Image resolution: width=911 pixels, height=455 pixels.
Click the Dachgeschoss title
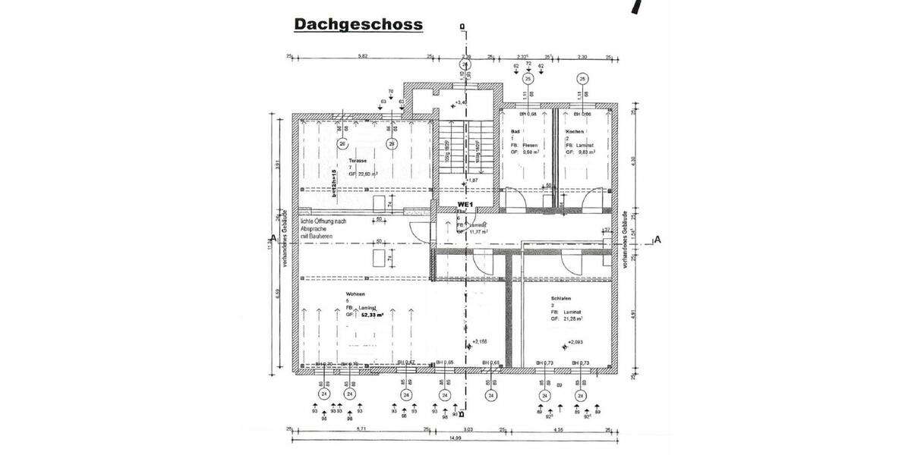(x=358, y=24)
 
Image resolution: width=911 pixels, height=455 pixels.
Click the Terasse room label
(x=359, y=162)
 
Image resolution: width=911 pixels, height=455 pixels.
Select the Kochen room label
(x=575, y=131)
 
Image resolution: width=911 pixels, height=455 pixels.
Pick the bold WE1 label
(x=466, y=205)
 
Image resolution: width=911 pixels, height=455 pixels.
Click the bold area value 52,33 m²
(x=371, y=314)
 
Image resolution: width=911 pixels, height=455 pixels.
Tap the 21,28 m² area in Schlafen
(x=573, y=319)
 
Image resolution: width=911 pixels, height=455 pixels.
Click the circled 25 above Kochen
(x=582, y=78)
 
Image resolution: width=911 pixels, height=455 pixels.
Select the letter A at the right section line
(x=657, y=240)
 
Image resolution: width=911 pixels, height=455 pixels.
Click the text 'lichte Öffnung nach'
(x=324, y=221)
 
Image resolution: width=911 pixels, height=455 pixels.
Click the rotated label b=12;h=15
(x=333, y=184)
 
